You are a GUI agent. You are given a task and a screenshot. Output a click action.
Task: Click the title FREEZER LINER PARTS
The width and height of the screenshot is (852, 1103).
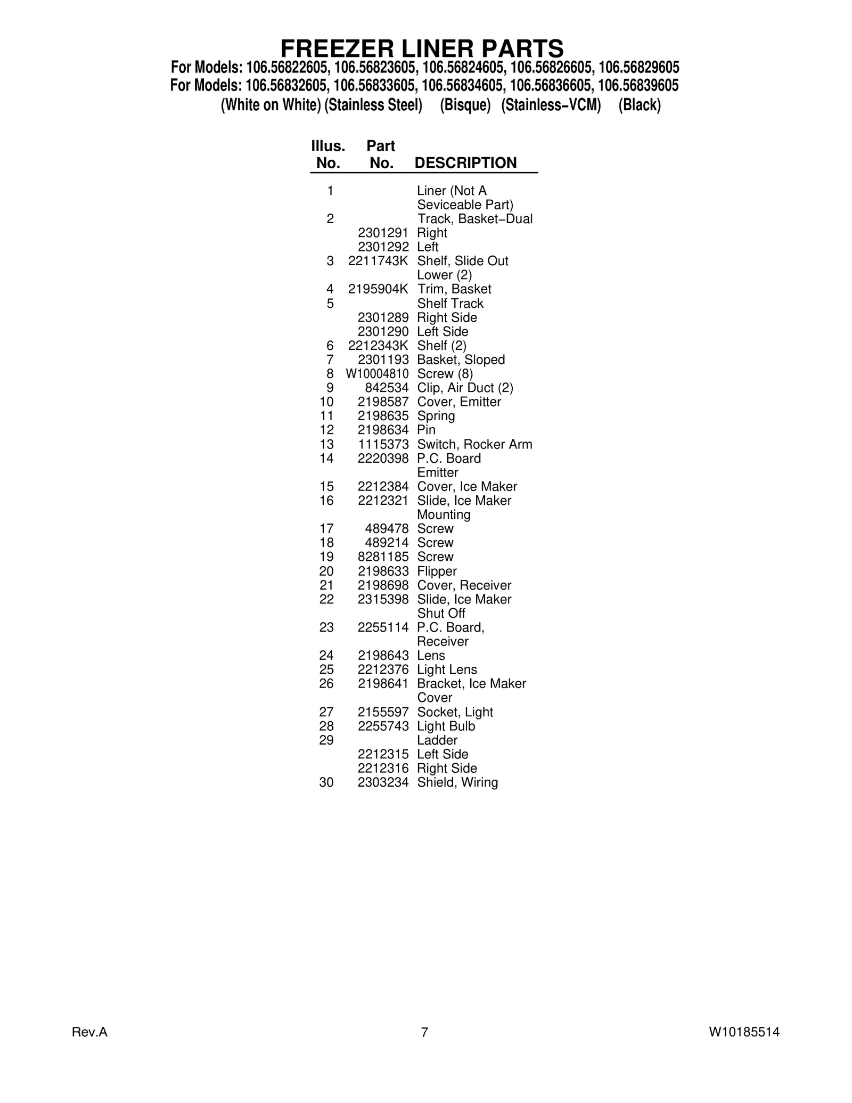[x=422, y=49]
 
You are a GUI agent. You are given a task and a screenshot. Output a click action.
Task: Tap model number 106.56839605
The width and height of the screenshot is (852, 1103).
[x=638, y=86]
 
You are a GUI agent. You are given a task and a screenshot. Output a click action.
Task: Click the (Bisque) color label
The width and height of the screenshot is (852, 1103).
[x=465, y=105]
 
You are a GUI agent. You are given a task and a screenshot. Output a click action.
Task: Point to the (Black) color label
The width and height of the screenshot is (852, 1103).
[x=639, y=105]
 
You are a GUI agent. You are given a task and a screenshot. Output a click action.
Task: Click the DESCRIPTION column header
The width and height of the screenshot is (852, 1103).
[x=465, y=163]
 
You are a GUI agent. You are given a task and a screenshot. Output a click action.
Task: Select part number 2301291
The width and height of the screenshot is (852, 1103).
[x=383, y=233]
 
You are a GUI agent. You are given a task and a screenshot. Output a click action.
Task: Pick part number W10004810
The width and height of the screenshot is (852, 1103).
[x=377, y=374]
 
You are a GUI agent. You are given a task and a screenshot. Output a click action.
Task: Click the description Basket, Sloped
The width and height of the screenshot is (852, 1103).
[x=461, y=360]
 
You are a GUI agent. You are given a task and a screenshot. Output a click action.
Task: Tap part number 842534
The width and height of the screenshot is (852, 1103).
[x=387, y=388]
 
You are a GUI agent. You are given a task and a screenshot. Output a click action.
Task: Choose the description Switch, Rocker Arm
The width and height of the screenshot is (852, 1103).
[x=474, y=445]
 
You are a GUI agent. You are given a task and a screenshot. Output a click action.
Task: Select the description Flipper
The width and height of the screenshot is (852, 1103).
[x=437, y=571]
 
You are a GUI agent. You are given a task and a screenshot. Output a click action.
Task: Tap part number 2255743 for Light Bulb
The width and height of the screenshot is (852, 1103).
[x=383, y=726]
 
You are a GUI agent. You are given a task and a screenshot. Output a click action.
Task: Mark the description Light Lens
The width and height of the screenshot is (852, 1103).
[x=447, y=670]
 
